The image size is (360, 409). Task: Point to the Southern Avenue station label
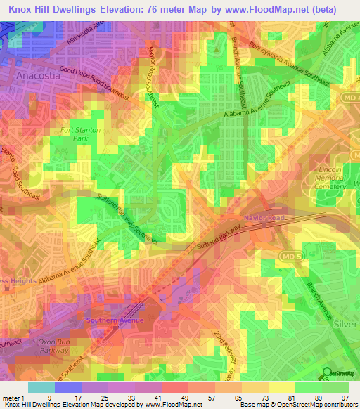[x=115, y=320]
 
